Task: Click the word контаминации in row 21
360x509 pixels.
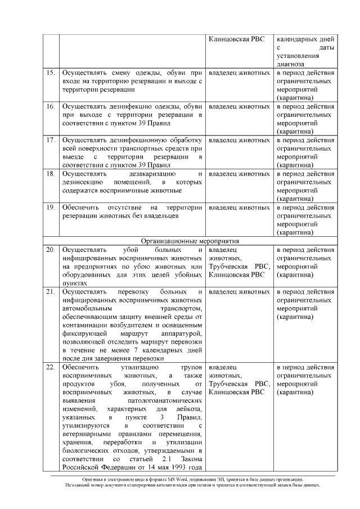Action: click(84, 325)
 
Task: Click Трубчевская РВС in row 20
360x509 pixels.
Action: click(238, 266)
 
